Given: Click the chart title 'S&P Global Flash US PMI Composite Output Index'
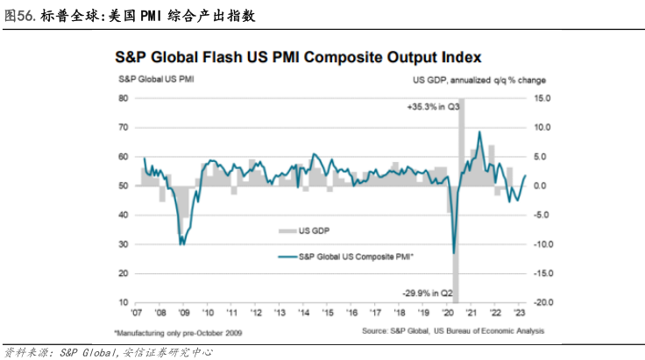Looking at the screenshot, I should coord(298,58).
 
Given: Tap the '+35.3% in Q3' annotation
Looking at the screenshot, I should coord(434,107).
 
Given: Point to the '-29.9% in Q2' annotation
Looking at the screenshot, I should coord(431,293).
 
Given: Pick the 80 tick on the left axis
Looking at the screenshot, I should coord(124,99).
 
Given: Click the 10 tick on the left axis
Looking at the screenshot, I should coord(124,302).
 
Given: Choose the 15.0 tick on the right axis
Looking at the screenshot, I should coord(541,99).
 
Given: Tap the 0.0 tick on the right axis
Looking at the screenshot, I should coord(542,186).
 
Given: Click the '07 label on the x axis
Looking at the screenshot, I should coord(138,312).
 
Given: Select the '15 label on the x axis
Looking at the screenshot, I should coord(328,312).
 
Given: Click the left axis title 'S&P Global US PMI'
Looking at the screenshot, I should coord(155,80).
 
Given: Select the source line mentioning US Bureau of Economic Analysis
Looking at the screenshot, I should coord(453,332).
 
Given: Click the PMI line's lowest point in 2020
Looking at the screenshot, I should coord(453,253).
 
